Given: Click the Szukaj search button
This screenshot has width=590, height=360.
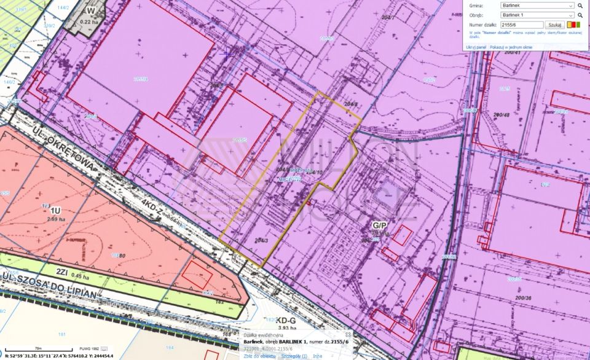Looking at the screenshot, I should [x=555, y=24].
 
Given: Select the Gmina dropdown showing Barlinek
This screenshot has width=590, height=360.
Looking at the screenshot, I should [x=538, y=6].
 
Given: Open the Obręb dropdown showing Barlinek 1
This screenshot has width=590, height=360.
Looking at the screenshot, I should [x=538, y=15].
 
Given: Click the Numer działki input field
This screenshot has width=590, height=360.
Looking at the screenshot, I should [x=522, y=24].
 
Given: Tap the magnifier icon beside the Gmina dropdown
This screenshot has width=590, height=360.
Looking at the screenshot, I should [x=580, y=6].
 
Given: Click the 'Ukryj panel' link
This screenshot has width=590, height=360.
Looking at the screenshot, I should [x=476, y=47].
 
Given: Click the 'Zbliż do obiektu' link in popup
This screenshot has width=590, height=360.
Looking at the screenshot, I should [x=260, y=356].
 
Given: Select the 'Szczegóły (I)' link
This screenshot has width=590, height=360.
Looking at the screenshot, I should [x=294, y=356].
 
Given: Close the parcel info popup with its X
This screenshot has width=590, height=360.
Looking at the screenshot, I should [x=348, y=335].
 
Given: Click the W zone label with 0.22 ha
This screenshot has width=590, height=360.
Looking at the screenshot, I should [x=91, y=11].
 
